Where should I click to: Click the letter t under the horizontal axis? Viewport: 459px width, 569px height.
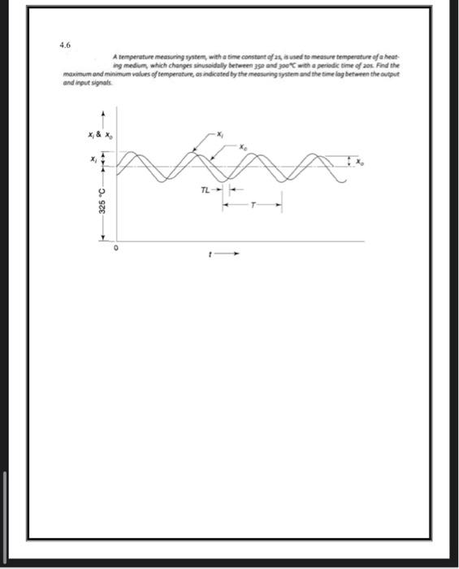pos(210,254)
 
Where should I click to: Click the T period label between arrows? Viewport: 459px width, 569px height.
pos(253,204)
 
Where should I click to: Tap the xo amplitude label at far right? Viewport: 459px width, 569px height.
pos(362,161)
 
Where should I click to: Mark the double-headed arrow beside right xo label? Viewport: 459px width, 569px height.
pos(352,161)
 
